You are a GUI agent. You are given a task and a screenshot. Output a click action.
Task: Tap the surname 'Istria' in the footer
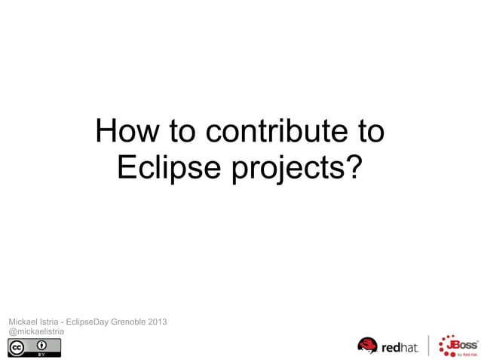click(x=52, y=322)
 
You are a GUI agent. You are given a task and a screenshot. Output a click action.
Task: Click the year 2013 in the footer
click(x=158, y=322)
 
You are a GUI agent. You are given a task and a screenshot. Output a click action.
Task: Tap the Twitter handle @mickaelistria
click(x=36, y=331)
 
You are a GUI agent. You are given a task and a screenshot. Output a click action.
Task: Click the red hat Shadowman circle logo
click(x=367, y=346)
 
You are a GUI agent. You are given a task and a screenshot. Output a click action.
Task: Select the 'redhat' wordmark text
click(x=400, y=348)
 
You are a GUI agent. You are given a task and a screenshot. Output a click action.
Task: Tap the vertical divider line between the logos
click(x=429, y=346)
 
